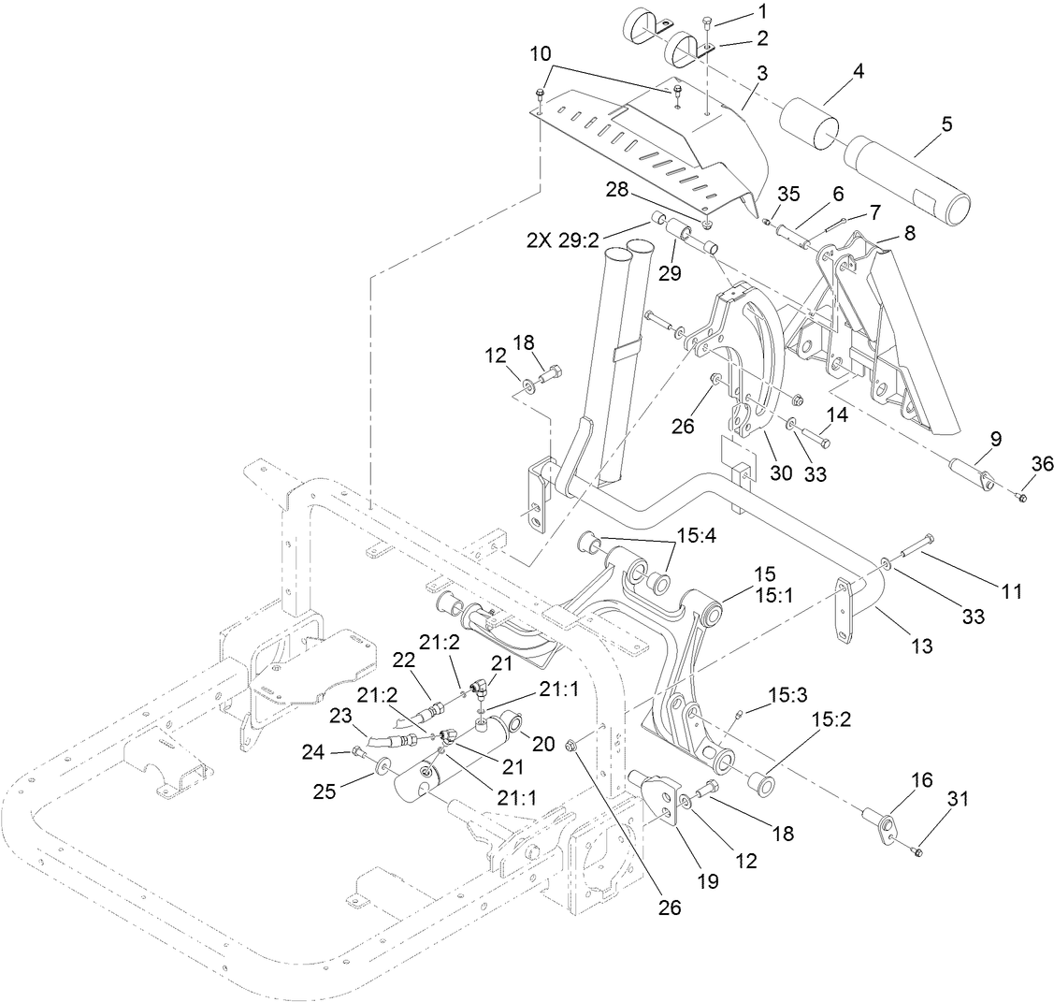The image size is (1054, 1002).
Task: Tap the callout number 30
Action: pyautogui.click(x=781, y=474)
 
